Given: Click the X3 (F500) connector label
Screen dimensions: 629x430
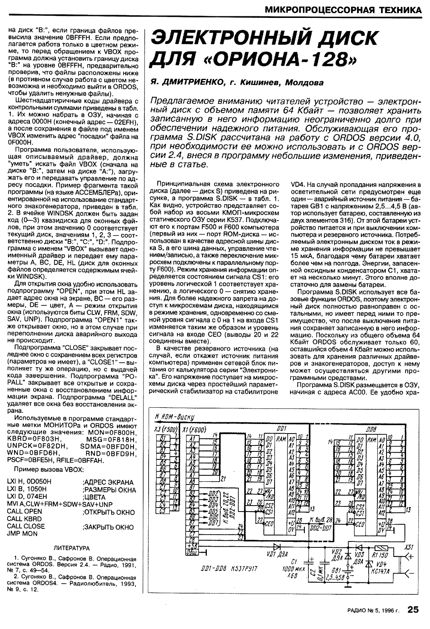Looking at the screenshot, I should pyautogui.click(x=165, y=430).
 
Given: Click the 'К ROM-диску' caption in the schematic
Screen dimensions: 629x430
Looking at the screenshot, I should pyautogui.click(x=175, y=417).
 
